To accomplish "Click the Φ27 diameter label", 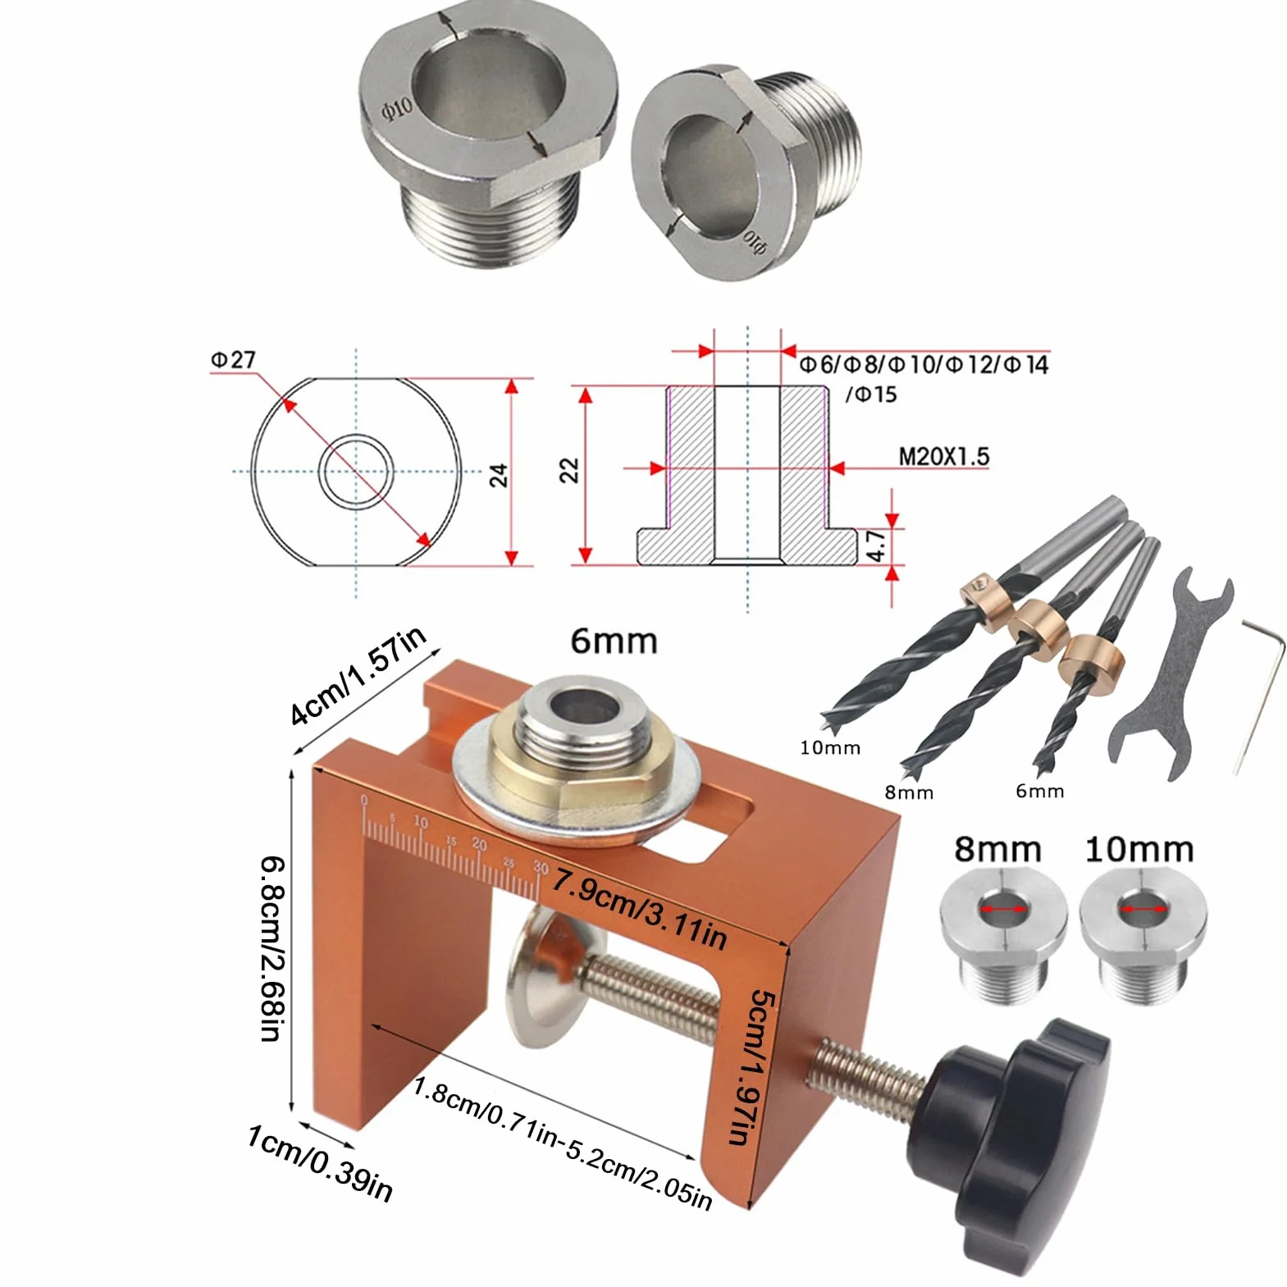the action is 234,360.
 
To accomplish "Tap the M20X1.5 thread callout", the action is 944,456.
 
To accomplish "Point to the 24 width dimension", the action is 499,475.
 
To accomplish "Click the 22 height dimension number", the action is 569,470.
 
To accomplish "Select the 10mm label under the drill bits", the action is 830,747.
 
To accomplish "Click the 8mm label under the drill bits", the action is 909,792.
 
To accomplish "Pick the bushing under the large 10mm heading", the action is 1143,933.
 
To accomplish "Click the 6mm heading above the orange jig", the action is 614,641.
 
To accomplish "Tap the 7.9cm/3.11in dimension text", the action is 639,909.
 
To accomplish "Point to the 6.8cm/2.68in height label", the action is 272,948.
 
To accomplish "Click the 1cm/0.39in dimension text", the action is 320,1164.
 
